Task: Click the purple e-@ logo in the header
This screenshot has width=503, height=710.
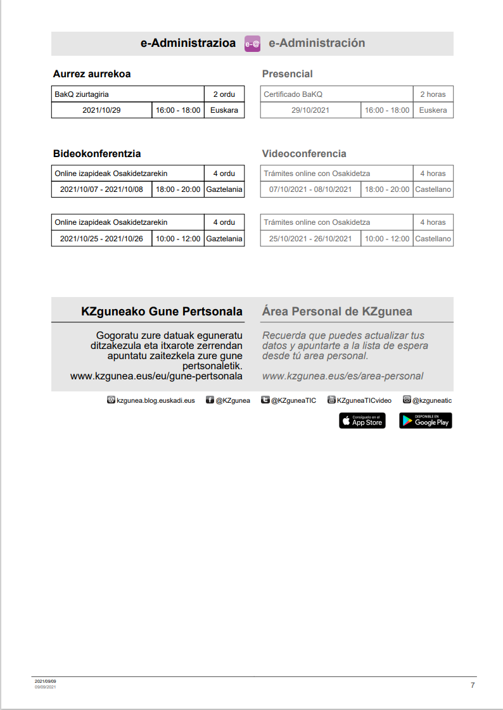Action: (x=252, y=44)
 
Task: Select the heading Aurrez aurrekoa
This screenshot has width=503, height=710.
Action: (x=92, y=74)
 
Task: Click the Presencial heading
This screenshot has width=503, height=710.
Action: (x=287, y=74)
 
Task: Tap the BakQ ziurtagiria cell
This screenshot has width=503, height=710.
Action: (x=127, y=94)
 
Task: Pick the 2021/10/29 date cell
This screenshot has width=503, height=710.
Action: (x=101, y=110)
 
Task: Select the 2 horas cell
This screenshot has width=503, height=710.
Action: (x=433, y=94)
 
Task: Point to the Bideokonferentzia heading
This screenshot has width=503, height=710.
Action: (x=97, y=154)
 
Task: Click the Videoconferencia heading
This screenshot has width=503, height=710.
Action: (x=304, y=154)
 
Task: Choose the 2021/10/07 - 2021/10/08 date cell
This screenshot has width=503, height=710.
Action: (x=101, y=189)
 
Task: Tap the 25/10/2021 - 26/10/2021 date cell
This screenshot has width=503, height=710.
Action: (x=310, y=239)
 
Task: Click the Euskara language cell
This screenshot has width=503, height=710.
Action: (x=224, y=110)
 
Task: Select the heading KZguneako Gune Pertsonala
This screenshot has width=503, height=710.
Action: (x=162, y=312)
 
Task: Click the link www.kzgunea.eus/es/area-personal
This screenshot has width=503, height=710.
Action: (x=342, y=376)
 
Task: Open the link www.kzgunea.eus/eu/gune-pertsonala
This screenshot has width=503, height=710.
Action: (x=156, y=376)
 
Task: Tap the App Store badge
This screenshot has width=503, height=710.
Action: (x=362, y=421)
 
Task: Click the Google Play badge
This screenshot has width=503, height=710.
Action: (x=425, y=421)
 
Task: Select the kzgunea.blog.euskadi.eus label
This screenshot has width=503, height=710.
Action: (x=155, y=400)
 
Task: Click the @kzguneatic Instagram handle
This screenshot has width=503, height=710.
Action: (x=431, y=400)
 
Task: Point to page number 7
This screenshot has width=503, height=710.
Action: (x=472, y=685)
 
